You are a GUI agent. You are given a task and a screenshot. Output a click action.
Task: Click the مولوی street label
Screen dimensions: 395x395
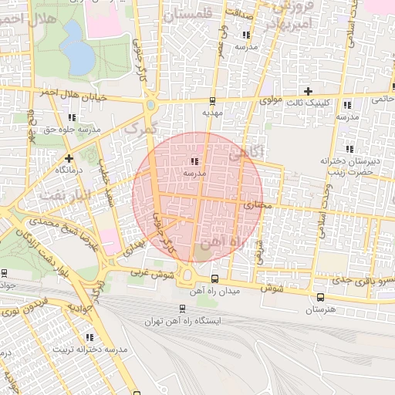click(272, 100)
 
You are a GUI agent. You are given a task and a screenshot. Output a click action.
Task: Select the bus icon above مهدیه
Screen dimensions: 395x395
click(213, 101)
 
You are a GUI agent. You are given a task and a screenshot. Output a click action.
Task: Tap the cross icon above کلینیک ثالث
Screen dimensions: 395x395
click(308, 91)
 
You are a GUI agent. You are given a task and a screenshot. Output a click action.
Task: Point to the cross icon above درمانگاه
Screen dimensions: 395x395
click(69, 158)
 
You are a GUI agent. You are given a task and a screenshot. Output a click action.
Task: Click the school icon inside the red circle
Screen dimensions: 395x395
click(193, 161)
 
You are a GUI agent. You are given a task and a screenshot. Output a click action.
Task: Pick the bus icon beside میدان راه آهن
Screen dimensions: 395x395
click(214, 279)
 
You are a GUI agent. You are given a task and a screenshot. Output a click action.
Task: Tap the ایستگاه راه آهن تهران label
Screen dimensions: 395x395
click(182, 320)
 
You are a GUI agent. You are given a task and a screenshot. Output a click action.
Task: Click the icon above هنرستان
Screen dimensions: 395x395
click(319, 297)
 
